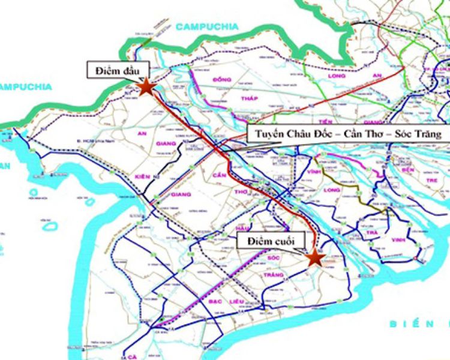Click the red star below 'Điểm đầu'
click(x=146, y=88)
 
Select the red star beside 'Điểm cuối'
click(x=314, y=257)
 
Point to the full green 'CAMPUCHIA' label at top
click(x=208, y=26)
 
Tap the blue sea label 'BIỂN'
click(x=407, y=324)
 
